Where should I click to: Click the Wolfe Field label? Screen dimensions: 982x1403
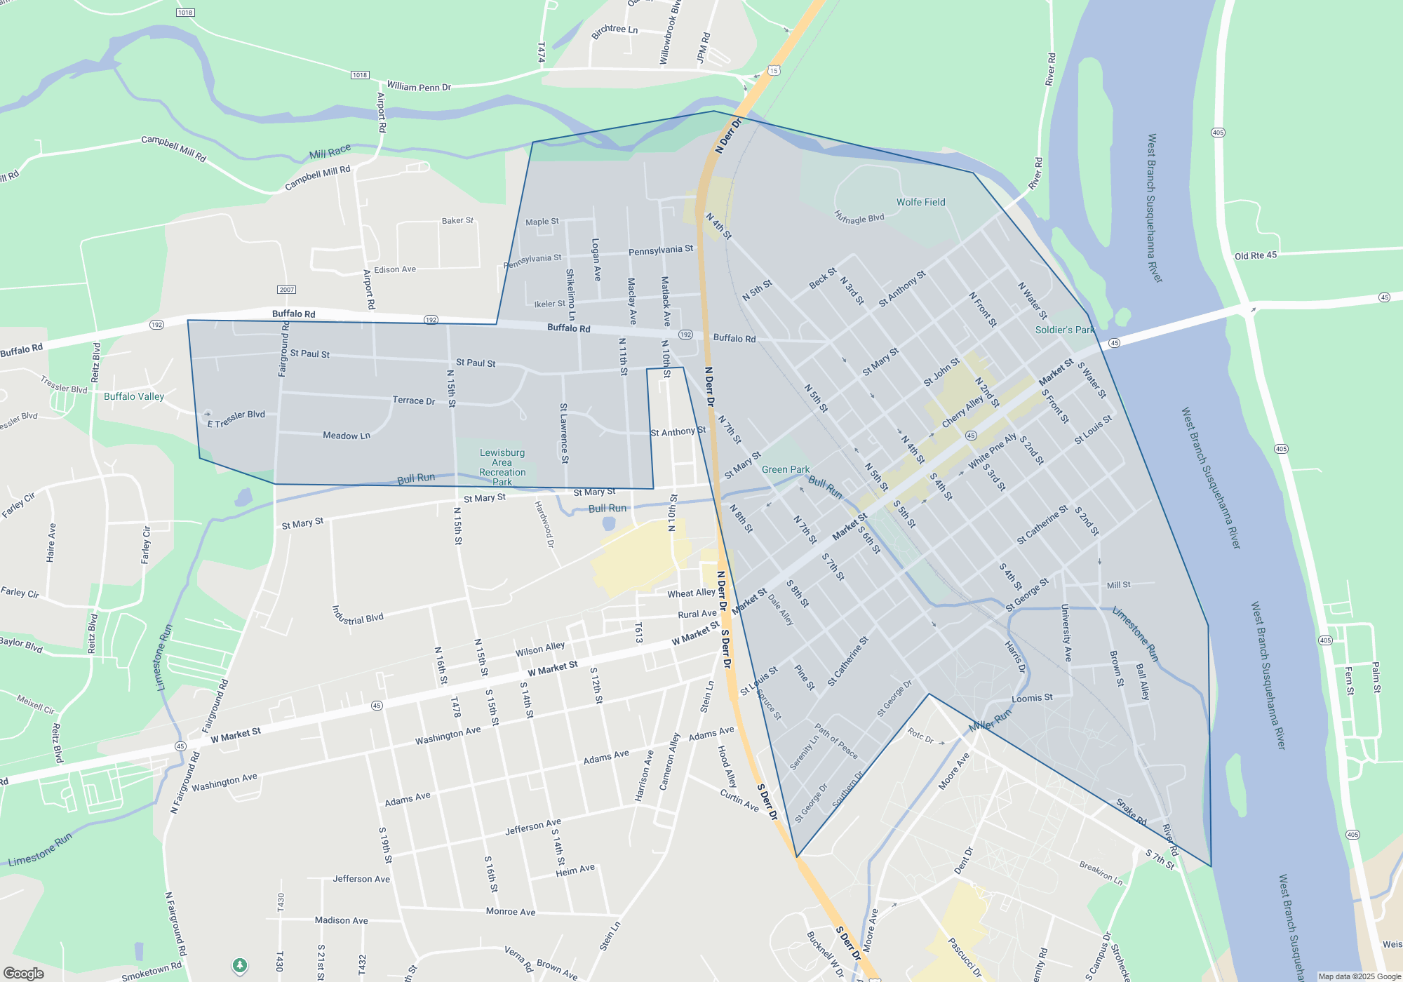[920, 202]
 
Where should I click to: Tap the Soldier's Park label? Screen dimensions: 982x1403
[1064, 330]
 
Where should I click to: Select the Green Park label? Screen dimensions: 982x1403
[785, 469]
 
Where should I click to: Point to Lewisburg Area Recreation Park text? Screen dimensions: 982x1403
[502, 467]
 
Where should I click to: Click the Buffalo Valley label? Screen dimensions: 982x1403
[134, 396]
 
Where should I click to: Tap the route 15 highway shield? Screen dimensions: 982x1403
[774, 70]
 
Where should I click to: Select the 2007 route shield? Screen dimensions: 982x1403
[286, 290]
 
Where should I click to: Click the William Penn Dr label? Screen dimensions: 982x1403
[419, 87]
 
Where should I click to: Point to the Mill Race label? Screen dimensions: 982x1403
[330, 152]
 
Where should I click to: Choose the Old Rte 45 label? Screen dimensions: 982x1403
[1256, 255]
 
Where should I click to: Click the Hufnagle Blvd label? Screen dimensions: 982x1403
[859, 217]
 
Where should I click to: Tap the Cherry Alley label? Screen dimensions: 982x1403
[962, 412]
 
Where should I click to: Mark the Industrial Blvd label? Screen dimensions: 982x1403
[358, 615]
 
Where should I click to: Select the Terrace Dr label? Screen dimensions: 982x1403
[413, 401]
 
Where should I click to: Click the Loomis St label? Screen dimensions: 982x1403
[1032, 698]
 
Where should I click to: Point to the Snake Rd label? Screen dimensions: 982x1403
[1131, 812]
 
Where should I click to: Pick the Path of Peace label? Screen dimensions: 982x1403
[836, 741]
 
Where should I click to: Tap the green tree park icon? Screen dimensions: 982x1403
[240, 966]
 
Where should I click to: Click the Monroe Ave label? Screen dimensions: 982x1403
[511, 912]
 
